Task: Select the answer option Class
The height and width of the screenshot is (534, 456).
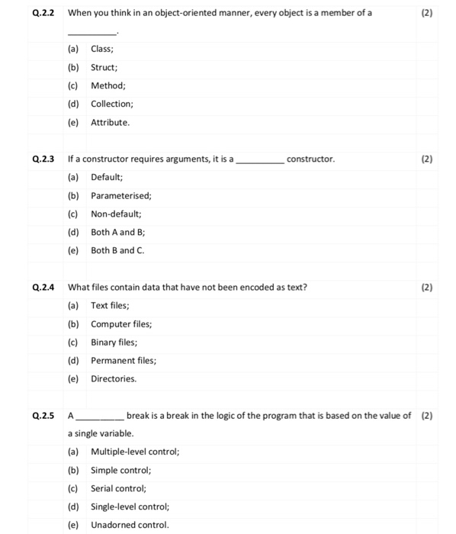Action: click(102, 49)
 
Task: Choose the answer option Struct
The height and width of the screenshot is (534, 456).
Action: click(104, 67)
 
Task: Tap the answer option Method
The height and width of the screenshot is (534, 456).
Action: click(108, 85)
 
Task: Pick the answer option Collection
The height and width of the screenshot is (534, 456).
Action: click(112, 104)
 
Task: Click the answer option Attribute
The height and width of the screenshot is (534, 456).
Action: click(111, 122)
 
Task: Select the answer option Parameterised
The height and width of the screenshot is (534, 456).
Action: click(120, 195)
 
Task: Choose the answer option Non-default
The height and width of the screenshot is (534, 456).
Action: click(116, 214)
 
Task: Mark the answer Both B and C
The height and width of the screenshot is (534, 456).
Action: click(117, 250)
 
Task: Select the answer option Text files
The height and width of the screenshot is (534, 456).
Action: click(111, 305)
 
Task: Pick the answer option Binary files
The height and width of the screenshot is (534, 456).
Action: click(114, 342)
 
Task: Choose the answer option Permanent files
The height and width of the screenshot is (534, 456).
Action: click(123, 360)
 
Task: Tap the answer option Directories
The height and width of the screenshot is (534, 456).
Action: click(114, 378)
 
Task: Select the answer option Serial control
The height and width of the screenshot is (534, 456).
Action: click(118, 488)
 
